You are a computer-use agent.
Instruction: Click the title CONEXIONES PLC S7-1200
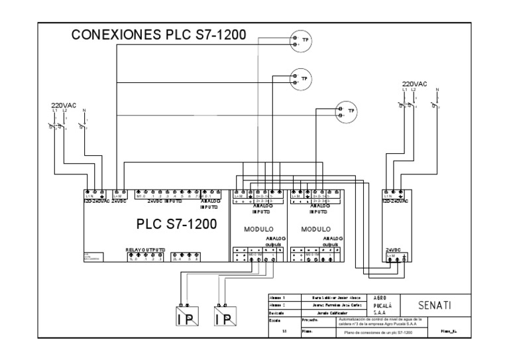coord(159,35)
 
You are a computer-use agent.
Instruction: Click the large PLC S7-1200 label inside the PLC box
coord(176,225)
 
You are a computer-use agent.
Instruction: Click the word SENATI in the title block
coord(436,306)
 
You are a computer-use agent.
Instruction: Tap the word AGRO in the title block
coord(376,298)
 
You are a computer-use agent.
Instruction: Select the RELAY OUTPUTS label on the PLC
coord(145,250)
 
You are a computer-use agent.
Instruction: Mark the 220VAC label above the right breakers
coord(415,84)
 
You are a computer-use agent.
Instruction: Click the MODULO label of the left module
coord(250,229)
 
